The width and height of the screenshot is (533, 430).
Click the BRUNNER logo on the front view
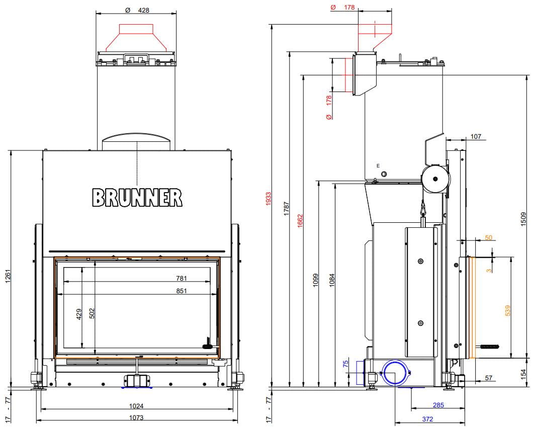[137, 198]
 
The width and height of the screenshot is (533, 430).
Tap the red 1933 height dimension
[269, 199]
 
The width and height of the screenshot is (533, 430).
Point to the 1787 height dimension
[287, 208]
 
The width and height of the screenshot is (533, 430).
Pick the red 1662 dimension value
[300, 221]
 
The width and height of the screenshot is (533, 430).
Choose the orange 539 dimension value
[507, 310]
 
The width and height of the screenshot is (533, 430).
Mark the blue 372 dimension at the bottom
[427, 419]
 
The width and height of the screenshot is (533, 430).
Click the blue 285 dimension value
[438, 405]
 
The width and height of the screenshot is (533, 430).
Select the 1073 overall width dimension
[136, 417]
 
